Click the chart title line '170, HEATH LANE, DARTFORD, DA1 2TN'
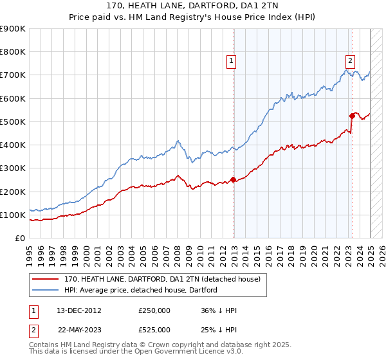193,6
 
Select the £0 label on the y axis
19,239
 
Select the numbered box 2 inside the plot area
350,61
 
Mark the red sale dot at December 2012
234,180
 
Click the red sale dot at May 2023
352,116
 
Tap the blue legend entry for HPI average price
141,290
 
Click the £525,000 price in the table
154,330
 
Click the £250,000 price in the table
154,310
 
